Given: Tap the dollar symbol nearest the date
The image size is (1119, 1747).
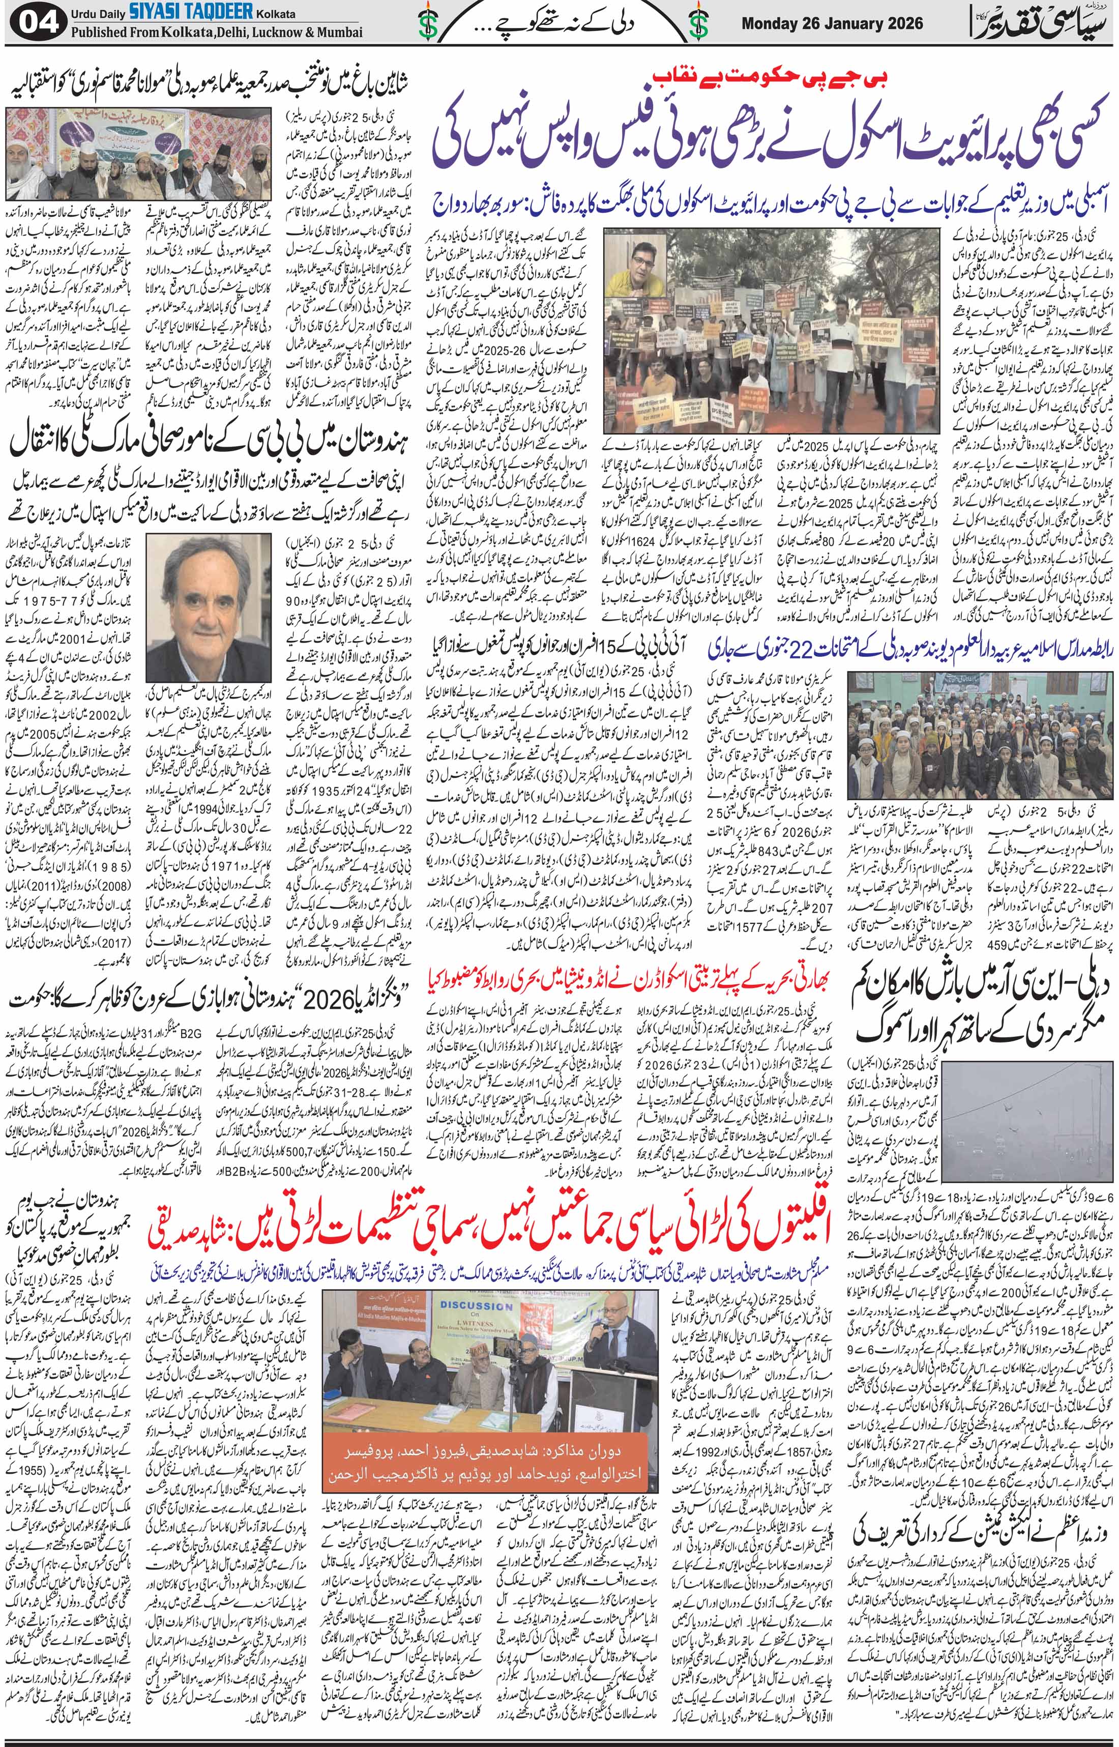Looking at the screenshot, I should point(699,23).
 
